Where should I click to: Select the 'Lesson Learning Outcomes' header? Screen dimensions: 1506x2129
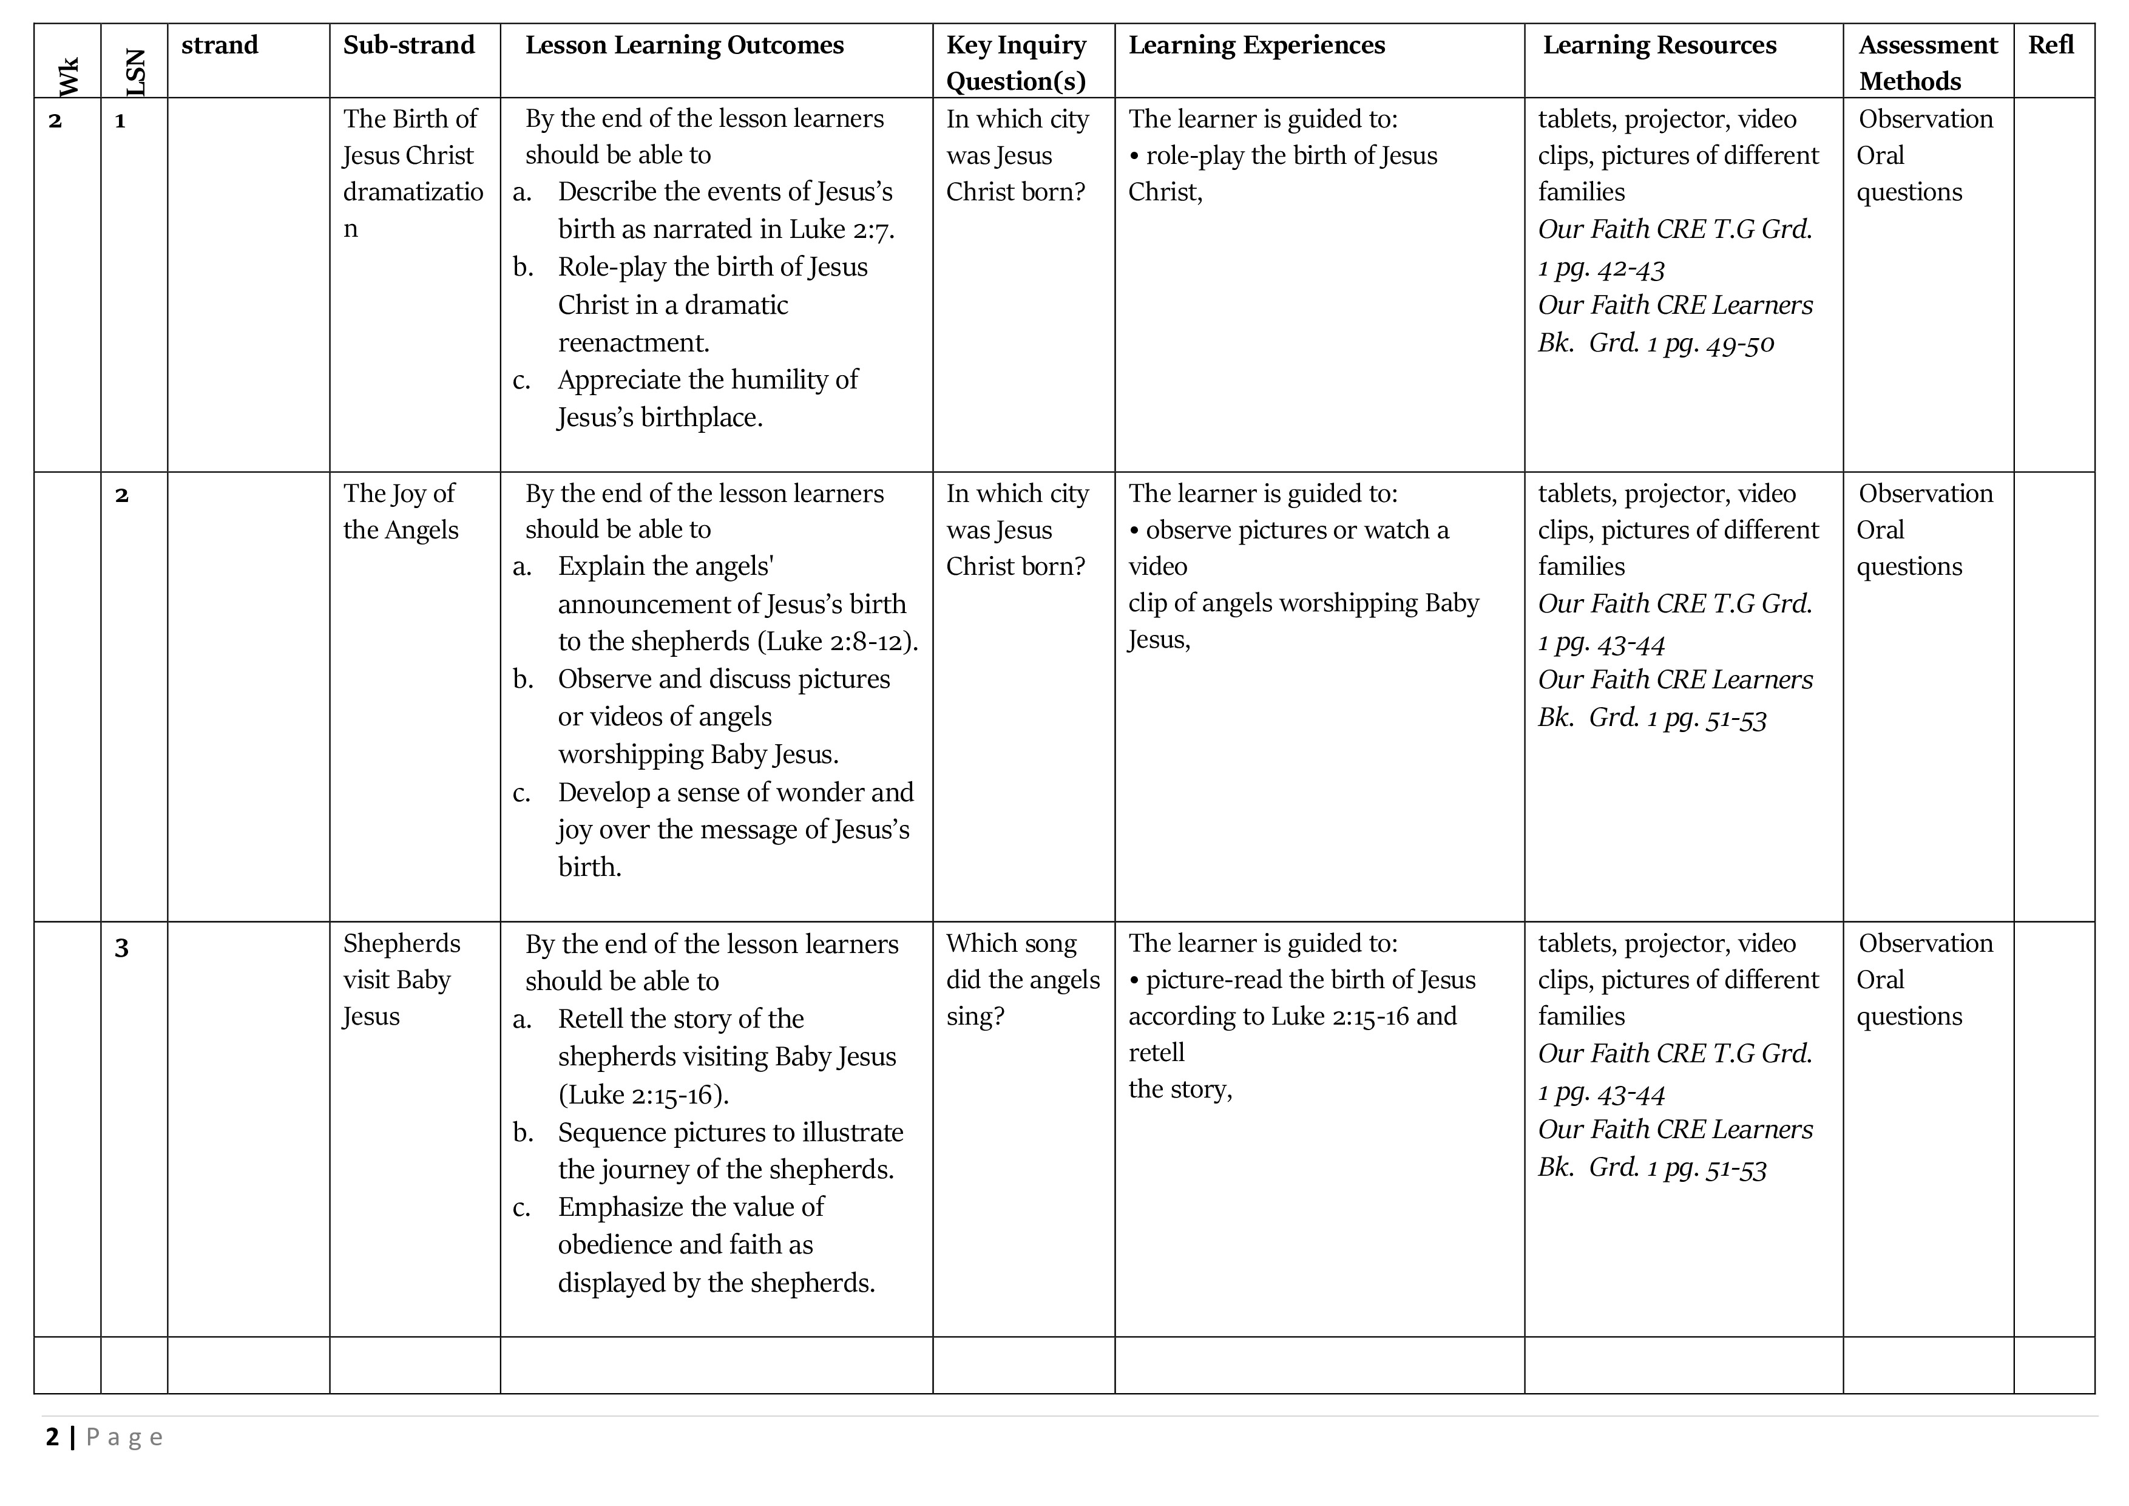click(x=685, y=46)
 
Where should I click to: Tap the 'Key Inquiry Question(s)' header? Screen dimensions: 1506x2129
click(x=1017, y=63)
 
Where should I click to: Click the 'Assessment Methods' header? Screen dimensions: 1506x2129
click(x=1927, y=63)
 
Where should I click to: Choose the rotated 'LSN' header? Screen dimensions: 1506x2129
click(x=135, y=72)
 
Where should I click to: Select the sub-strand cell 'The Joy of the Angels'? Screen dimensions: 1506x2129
click(x=401, y=512)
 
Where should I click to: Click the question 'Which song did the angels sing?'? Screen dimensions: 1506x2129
click(x=1022, y=979)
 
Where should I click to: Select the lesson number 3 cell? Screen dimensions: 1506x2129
click(x=121, y=948)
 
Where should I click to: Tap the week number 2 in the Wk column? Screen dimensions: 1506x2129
click(x=56, y=121)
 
